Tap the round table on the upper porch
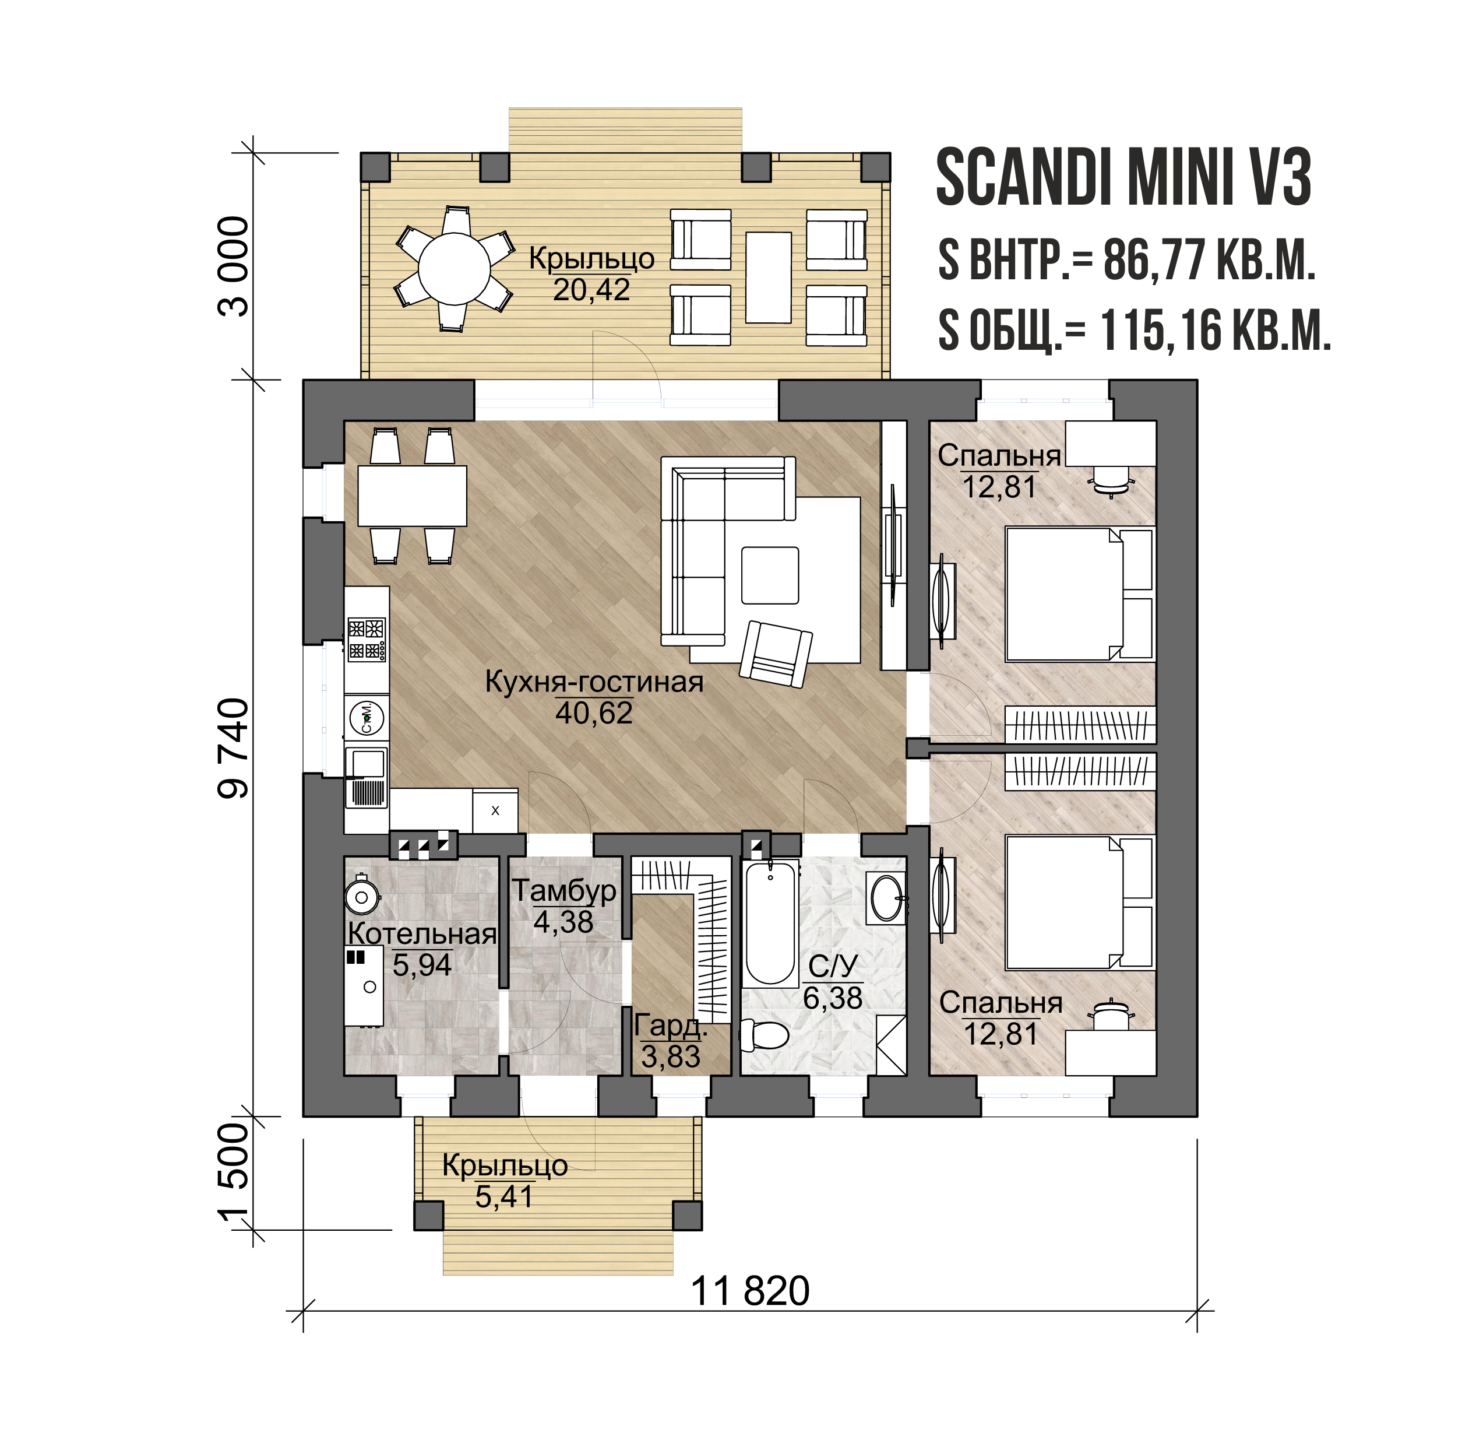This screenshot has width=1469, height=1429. tap(454, 268)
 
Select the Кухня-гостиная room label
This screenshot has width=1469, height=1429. tap(594, 682)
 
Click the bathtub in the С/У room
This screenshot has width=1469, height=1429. tap(770, 923)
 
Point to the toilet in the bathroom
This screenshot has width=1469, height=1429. tap(764, 1034)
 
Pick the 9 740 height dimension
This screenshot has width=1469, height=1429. tap(232, 747)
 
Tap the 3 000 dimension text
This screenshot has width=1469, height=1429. tap(232, 266)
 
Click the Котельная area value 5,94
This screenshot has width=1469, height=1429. tap(422, 965)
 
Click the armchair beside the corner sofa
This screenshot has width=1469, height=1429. tap(776, 654)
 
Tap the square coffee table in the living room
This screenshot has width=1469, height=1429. tap(770, 575)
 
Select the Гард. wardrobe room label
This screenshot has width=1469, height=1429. tap(670, 1025)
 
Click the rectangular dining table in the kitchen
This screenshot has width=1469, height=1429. tap(412, 496)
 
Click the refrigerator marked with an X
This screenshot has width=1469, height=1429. tap(495, 810)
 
